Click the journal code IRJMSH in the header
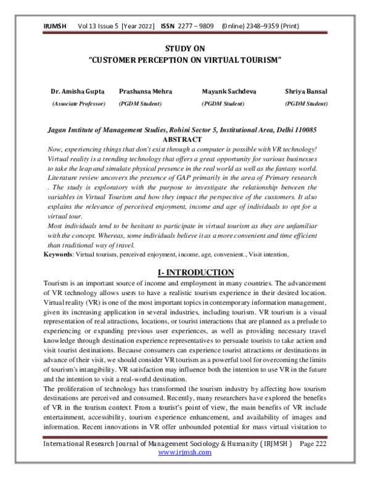(x=55, y=27)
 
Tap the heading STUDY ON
(x=185, y=48)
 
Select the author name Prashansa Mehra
(x=143, y=91)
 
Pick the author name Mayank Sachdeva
(x=229, y=91)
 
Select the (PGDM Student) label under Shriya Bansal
(x=306, y=104)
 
